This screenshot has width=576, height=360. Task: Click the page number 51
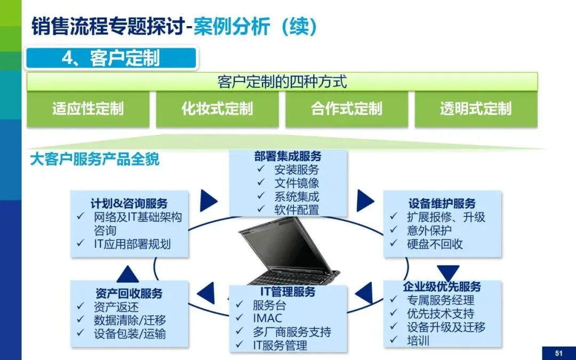coord(559,354)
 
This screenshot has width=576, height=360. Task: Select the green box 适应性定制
coord(88,109)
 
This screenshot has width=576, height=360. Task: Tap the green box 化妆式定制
coord(218,109)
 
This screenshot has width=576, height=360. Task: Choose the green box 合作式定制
coord(347,109)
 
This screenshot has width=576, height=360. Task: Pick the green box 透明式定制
coord(476,109)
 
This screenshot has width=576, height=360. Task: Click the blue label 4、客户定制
coord(111,59)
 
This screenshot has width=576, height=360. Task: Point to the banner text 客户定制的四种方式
coord(282,82)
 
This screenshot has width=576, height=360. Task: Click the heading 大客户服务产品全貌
coord(95,159)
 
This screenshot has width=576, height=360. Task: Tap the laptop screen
coord(282,249)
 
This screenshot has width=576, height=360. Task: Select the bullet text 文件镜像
coord(297,183)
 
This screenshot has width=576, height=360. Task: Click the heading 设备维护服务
coord(442,204)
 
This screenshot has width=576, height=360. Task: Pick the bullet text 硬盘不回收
coord(435,244)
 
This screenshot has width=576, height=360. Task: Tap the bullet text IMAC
coord(267,318)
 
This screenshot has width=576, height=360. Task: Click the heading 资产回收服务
coord(129,293)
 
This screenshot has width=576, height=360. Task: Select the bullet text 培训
coord(418,340)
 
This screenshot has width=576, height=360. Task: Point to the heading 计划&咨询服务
coord(129,204)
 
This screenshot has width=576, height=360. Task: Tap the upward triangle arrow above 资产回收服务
coord(127,274)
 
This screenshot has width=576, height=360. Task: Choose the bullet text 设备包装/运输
coord(130,333)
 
